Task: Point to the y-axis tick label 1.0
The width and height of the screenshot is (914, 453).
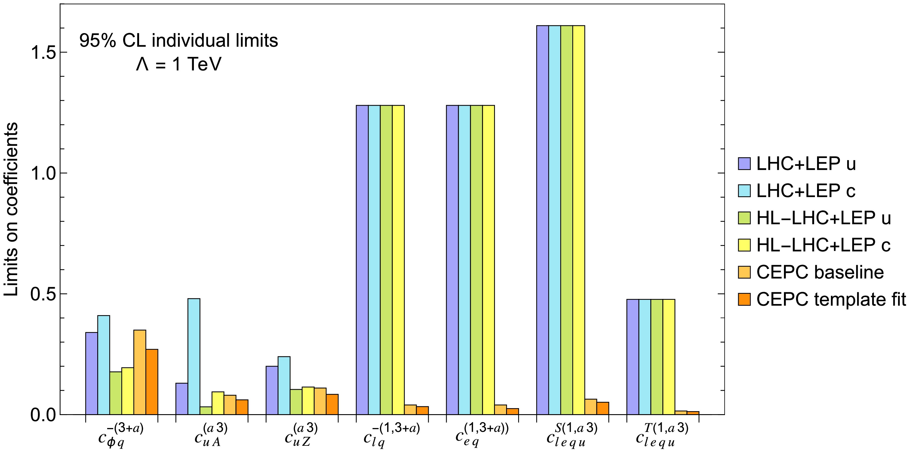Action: [44, 173]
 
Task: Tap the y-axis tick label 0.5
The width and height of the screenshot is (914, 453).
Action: [44, 294]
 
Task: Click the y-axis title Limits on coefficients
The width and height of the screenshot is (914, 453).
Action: [11, 209]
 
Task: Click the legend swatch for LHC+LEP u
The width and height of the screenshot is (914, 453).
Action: [744, 164]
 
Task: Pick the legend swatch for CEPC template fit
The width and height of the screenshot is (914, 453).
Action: [744, 299]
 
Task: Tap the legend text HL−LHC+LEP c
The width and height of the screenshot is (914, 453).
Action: [823, 245]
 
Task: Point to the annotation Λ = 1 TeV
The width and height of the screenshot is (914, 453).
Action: [179, 64]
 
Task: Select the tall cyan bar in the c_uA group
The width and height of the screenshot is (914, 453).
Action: [194, 356]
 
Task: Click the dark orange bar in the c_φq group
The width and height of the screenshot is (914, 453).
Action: [152, 382]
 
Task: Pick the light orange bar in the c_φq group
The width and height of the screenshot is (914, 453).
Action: [140, 372]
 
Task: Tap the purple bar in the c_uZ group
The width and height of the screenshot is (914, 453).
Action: [272, 390]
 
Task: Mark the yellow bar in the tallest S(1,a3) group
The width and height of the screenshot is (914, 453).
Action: [579, 220]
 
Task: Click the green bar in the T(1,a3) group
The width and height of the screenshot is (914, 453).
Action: [657, 357]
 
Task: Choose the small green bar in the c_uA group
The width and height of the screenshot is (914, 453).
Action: [206, 411]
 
